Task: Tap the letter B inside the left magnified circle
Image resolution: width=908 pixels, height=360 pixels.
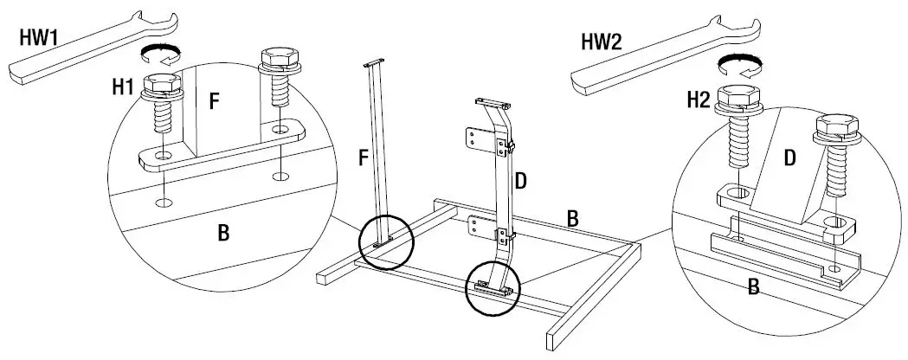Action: click(222, 233)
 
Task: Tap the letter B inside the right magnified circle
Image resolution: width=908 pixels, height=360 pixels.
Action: click(753, 286)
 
